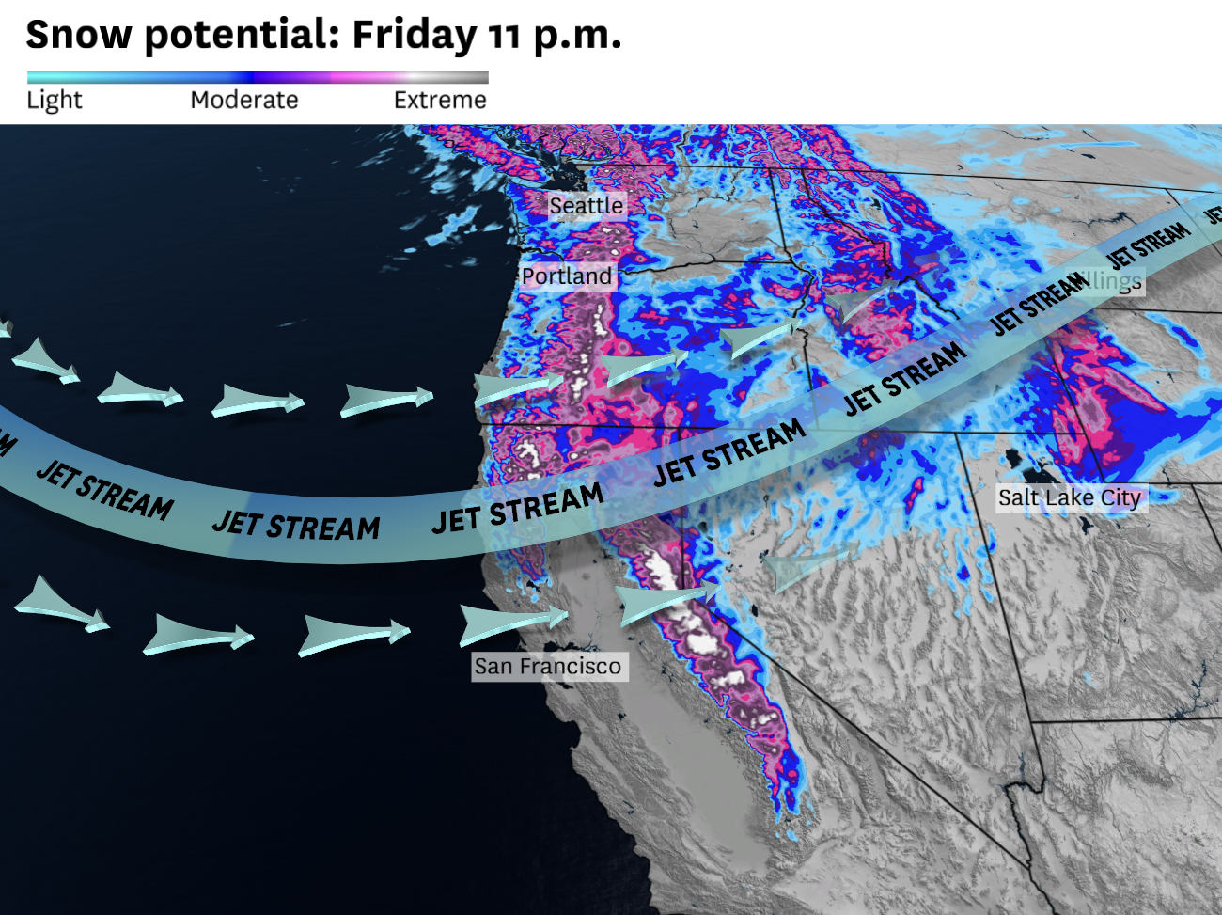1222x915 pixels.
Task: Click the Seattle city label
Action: (586, 205)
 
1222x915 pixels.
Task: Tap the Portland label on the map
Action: (567, 276)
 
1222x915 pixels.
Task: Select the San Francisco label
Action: (548, 667)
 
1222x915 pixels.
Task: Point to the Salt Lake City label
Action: (1069, 497)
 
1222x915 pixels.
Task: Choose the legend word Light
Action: (55, 100)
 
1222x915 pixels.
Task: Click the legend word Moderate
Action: (244, 100)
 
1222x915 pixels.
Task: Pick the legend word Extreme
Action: (440, 100)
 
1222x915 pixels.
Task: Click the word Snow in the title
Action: (79, 36)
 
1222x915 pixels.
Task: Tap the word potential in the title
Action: (242, 36)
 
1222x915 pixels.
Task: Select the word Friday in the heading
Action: (415, 36)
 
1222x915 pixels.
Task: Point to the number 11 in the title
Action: (505, 36)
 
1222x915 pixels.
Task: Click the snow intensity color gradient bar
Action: (258, 78)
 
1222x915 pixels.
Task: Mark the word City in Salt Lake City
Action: (1120, 497)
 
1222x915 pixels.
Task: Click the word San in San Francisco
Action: (493, 667)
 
